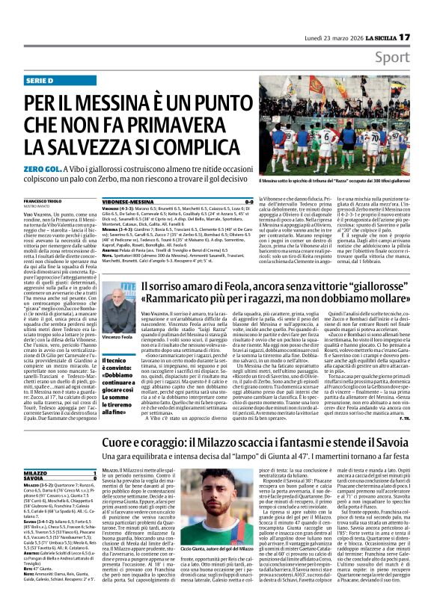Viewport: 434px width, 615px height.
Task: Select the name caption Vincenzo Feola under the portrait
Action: pos(117,338)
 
